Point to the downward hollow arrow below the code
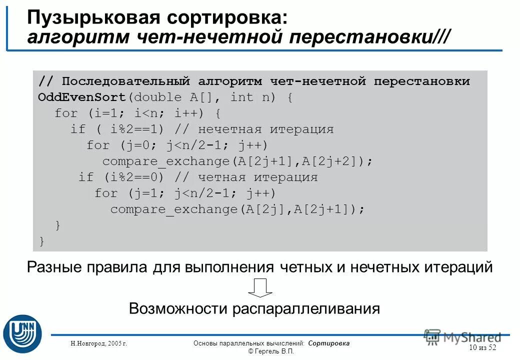coord(259,287)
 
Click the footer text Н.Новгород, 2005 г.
coord(98,343)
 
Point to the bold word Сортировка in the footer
coord(329,343)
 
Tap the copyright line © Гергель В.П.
coord(271,351)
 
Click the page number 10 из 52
coord(482,347)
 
